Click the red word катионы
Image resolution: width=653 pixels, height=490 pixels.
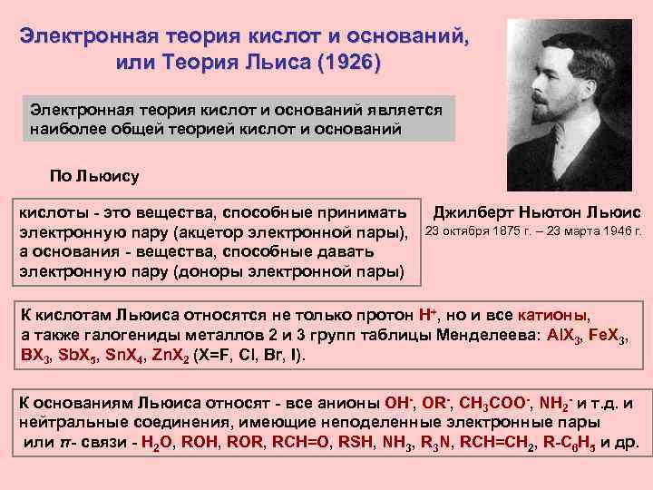pos(552,315)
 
